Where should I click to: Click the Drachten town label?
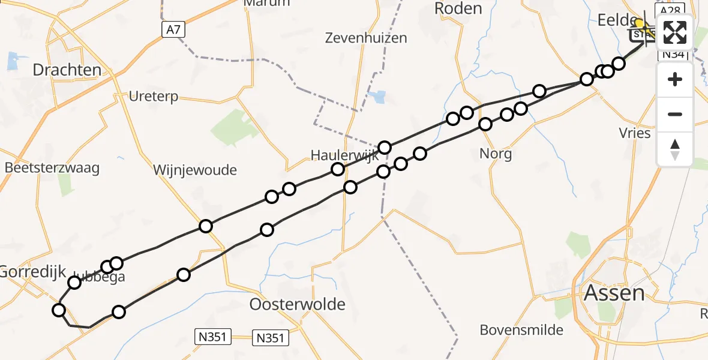click(67, 70)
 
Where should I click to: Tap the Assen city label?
click(614, 293)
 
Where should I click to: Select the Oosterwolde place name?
click(298, 304)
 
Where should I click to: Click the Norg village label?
click(496, 154)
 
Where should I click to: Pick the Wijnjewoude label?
click(195, 170)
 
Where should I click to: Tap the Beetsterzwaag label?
click(52, 167)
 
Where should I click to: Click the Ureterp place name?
click(154, 97)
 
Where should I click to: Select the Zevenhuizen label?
click(365, 38)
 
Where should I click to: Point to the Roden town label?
click(458, 8)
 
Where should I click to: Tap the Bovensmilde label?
click(521, 329)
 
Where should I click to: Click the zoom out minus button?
click(675, 114)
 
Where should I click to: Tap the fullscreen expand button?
click(675, 32)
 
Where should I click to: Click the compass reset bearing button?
click(675, 149)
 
